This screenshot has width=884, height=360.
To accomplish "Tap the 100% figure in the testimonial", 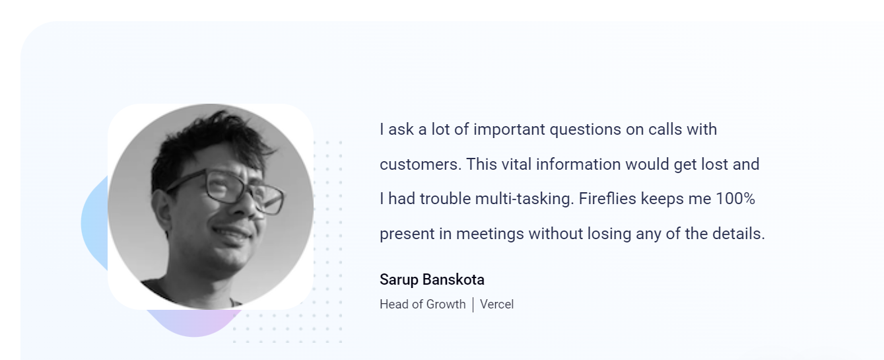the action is pyautogui.click(x=735, y=199).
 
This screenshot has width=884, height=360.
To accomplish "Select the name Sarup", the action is pyautogui.click(x=399, y=280).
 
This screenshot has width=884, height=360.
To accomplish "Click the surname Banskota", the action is pyautogui.click(x=454, y=279).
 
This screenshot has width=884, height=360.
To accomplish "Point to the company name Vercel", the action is pyautogui.click(x=497, y=305).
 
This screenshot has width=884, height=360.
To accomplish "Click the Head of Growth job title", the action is pyautogui.click(x=423, y=305).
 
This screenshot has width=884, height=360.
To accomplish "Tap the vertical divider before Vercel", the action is pyautogui.click(x=473, y=305).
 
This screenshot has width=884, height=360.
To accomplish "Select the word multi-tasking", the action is pyautogui.click(x=524, y=199).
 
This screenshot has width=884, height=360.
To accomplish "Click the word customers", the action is pyautogui.click(x=421, y=164).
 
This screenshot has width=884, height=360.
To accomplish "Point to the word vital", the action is pyautogui.click(x=516, y=164).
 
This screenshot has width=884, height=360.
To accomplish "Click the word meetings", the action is pyautogui.click(x=491, y=234).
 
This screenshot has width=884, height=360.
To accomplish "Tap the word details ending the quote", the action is pyautogui.click(x=738, y=234).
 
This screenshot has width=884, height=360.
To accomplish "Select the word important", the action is pyautogui.click(x=510, y=130).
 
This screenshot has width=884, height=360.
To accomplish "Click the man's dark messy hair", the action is pyautogui.click(x=209, y=146).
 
